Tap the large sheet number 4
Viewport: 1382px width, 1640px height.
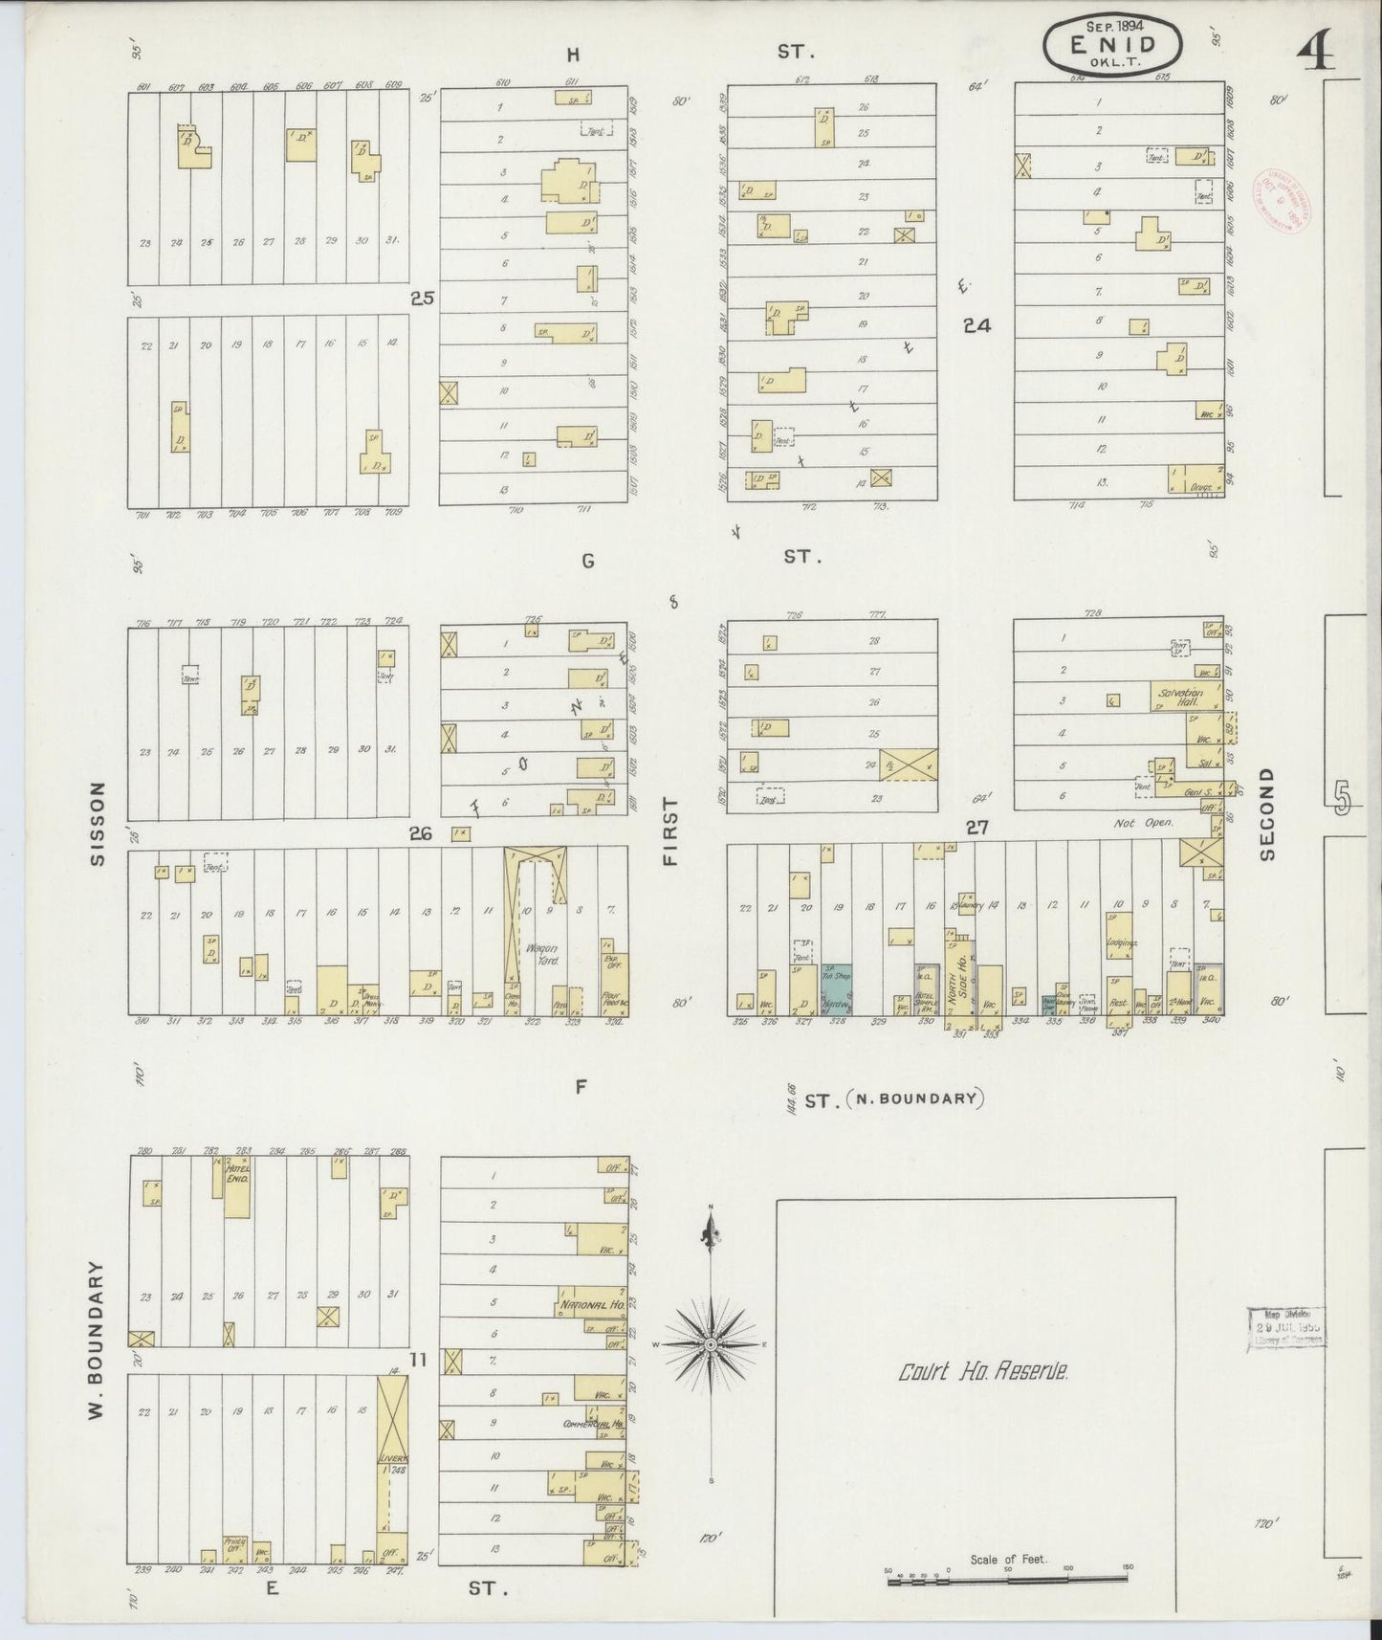pyautogui.click(x=1317, y=55)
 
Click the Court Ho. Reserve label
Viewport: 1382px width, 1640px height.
pyautogui.click(x=982, y=1372)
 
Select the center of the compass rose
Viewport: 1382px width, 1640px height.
pyautogui.click(x=711, y=1344)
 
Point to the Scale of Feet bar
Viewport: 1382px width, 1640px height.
pyautogui.click(x=1007, y=1581)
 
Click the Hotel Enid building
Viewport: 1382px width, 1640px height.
pyautogui.click(x=237, y=1187)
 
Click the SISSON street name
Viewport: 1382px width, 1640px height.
pyautogui.click(x=97, y=825)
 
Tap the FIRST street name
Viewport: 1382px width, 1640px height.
pyautogui.click(x=669, y=831)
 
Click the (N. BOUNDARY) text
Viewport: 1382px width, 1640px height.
pyautogui.click(x=915, y=1098)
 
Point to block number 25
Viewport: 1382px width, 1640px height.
pyautogui.click(x=422, y=298)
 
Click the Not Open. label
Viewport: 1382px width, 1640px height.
pyautogui.click(x=1144, y=822)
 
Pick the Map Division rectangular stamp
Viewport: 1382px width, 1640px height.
pyautogui.click(x=1286, y=1327)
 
